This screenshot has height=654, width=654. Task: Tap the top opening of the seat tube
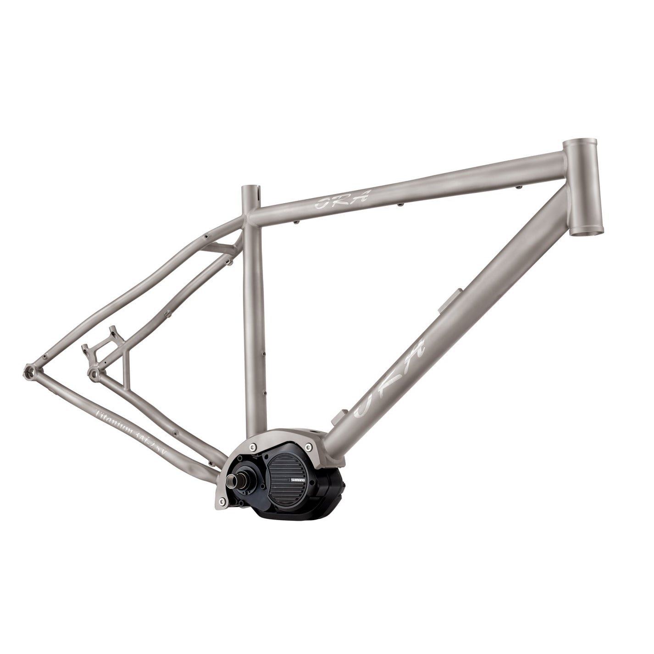tap(251, 189)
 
